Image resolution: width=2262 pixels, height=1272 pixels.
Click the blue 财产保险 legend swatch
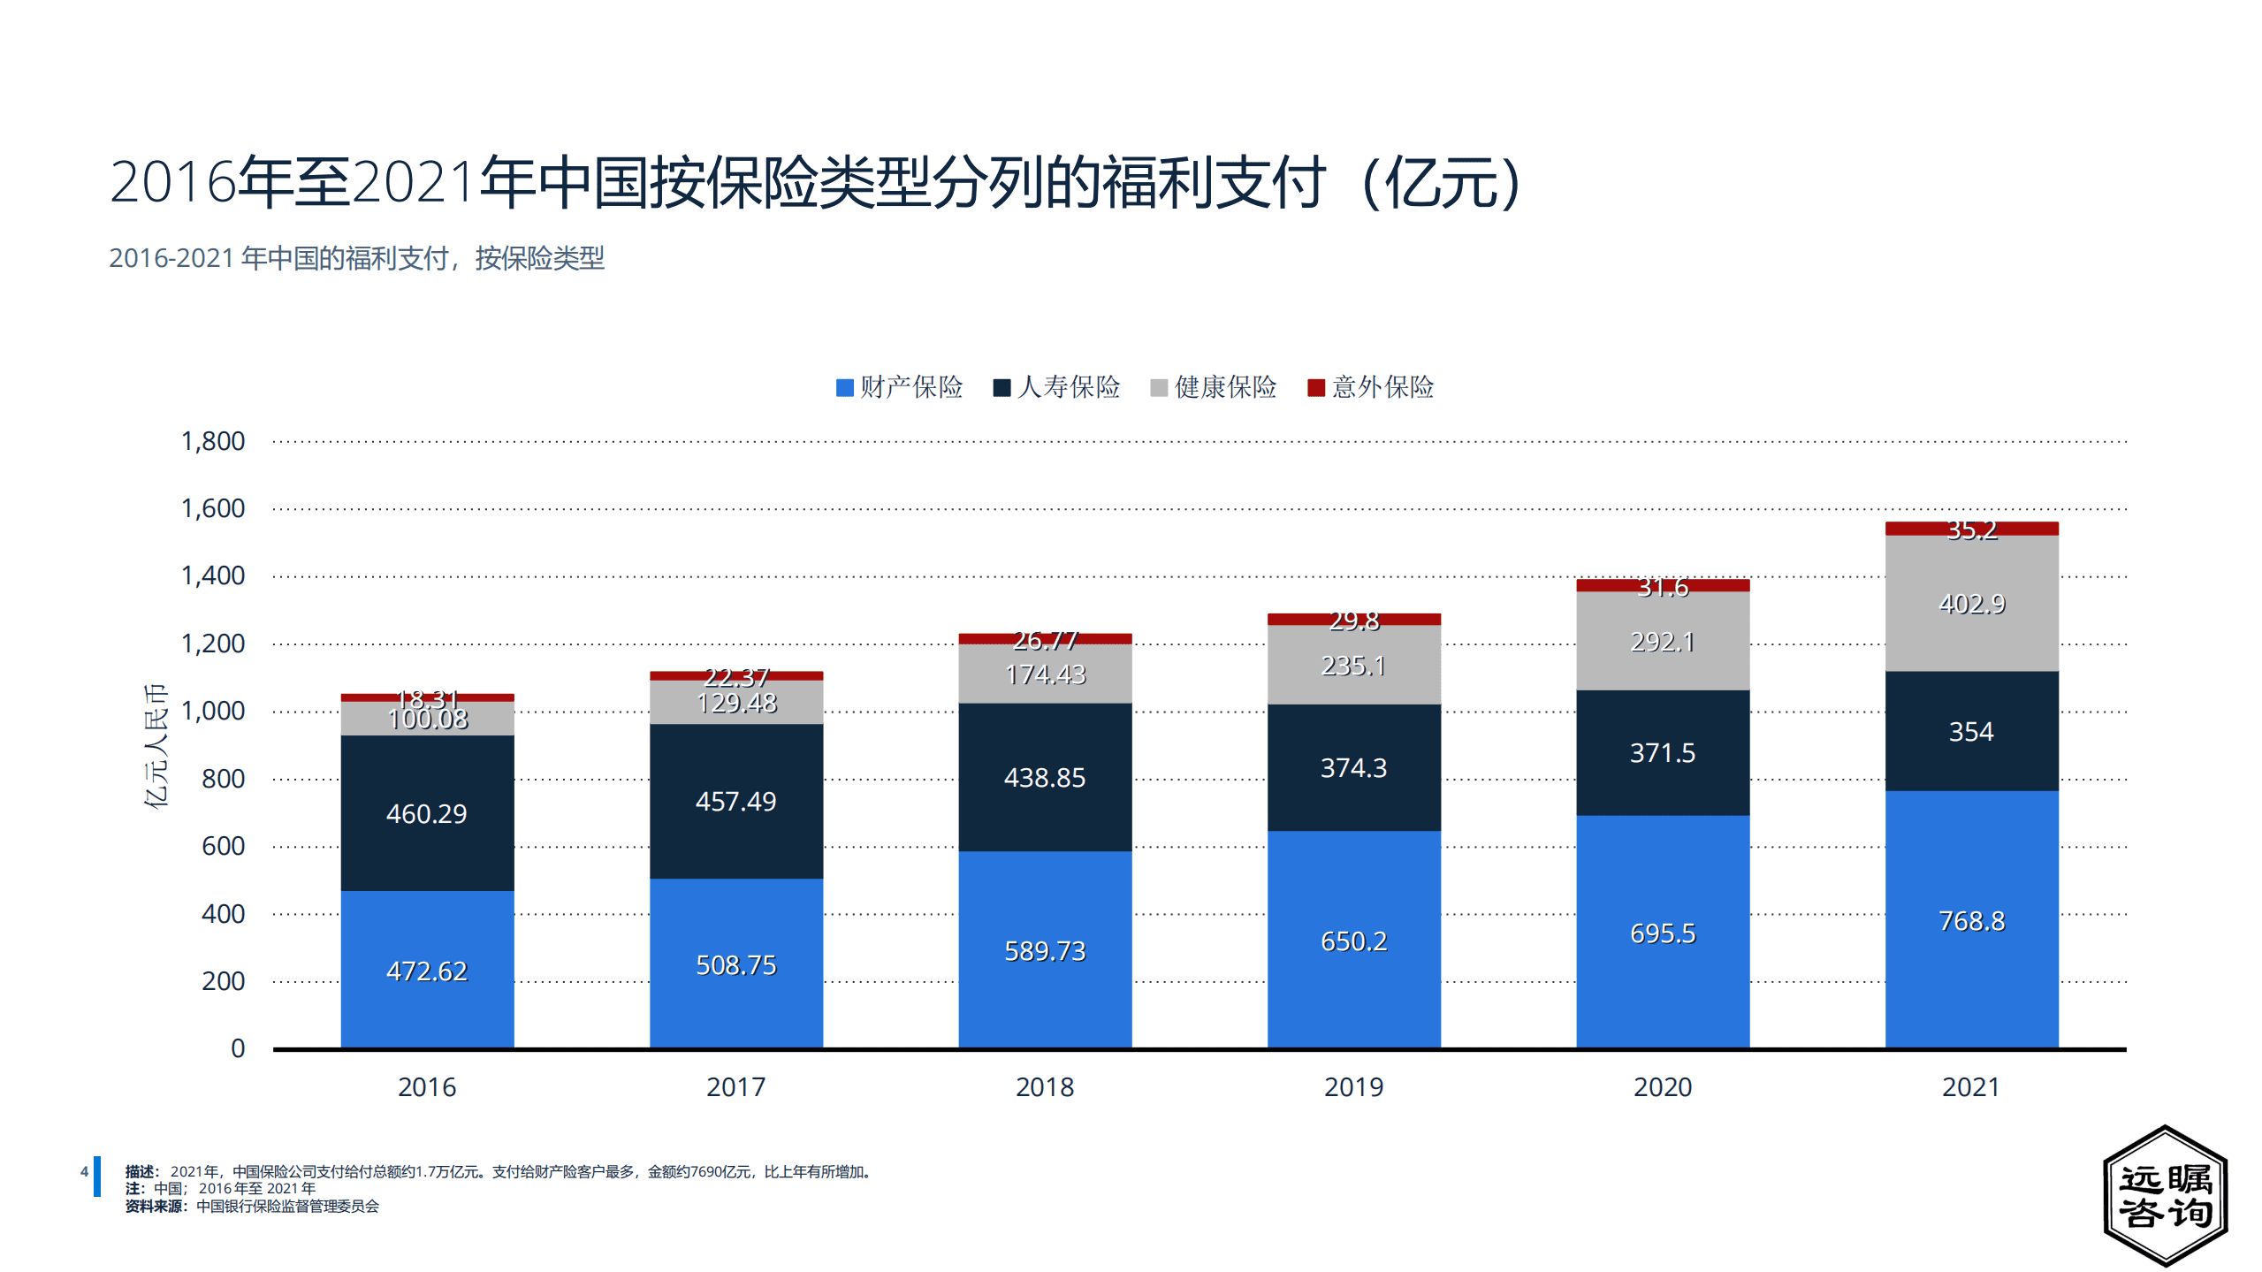[x=844, y=388]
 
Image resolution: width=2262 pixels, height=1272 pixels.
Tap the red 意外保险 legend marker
[x=1315, y=388]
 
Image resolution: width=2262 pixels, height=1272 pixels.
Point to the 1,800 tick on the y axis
[x=212, y=441]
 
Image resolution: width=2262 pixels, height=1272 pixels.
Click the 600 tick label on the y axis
[x=223, y=846]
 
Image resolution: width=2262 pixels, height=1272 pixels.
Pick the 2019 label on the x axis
[x=1353, y=1087]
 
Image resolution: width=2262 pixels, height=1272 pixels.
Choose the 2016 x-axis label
[x=427, y=1087]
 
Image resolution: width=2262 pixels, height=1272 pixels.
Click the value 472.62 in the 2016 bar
[x=427, y=971]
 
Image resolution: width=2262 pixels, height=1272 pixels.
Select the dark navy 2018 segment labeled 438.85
[x=1045, y=778]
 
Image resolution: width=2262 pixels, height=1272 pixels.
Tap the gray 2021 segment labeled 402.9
[x=1971, y=604]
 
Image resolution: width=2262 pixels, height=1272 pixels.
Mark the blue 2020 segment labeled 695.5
[x=1663, y=933]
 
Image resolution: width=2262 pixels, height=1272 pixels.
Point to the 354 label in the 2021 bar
[x=1971, y=732]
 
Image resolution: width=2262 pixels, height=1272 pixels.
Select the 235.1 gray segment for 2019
[x=1353, y=666]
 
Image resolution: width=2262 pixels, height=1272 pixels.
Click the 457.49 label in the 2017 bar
[x=735, y=802]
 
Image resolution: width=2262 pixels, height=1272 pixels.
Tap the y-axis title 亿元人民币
[x=156, y=745]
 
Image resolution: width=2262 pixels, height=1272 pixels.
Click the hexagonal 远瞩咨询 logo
[x=2165, y=1195]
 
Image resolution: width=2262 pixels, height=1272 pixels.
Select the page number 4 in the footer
[x=84, y=1172]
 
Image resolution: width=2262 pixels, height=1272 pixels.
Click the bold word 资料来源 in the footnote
[x=154, y=1207]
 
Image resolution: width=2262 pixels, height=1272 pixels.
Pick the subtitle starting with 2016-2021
[x=356, y=258]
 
